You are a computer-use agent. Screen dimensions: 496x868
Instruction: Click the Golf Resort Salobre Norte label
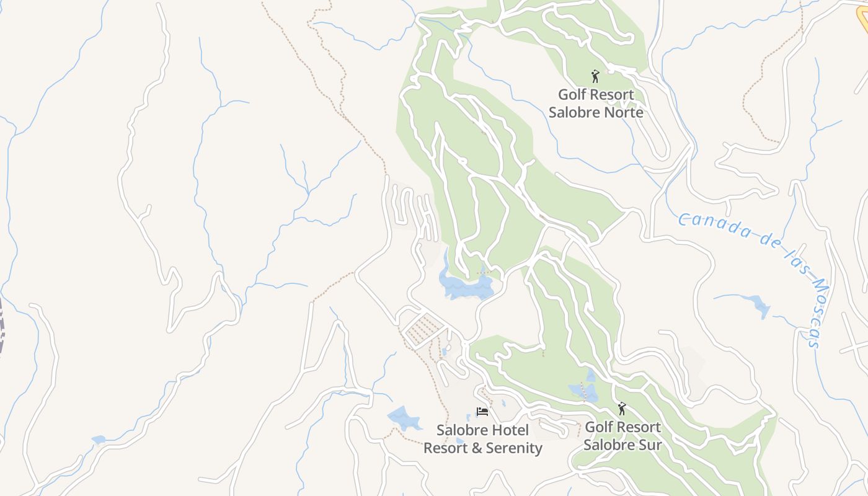[x=595, y=104]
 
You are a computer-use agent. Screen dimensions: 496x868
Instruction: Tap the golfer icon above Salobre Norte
[x=595, y=76]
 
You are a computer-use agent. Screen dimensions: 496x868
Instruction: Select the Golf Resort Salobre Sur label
[x=622, y=436]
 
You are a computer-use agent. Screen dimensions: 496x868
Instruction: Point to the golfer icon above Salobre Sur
[x=622, y=409]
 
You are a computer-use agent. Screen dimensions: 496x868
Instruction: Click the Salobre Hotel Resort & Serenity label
[x=482, y=439]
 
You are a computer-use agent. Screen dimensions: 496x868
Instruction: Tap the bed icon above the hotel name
[x=482, y=411]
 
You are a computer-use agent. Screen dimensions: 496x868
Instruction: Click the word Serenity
[x=513, y=448]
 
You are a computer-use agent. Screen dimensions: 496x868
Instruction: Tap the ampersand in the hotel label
[x=477, y=448]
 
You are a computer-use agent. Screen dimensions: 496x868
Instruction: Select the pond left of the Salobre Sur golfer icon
[x=583, y=391]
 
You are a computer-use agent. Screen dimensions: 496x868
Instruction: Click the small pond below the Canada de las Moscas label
[x=758, y=304]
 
